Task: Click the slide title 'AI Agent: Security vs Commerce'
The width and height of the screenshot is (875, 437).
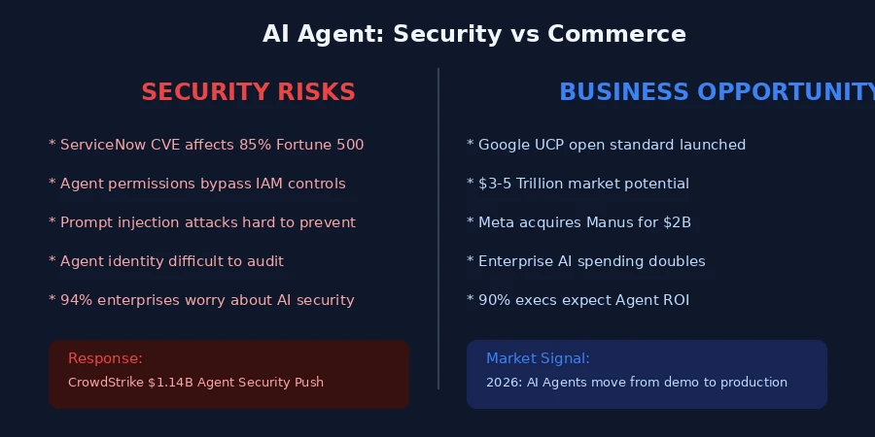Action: tap(473, 34)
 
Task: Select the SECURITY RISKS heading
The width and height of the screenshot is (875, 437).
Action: tap(248, 92)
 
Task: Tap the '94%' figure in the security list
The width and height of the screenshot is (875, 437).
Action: tap(75, 300)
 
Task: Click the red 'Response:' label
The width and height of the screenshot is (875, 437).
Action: tap(105, 358)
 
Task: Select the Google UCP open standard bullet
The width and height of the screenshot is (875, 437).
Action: tap(607, 145)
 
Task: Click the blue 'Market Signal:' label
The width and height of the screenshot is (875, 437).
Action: tap(538, 358)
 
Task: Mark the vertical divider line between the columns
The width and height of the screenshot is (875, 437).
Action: tap(438, 228)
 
